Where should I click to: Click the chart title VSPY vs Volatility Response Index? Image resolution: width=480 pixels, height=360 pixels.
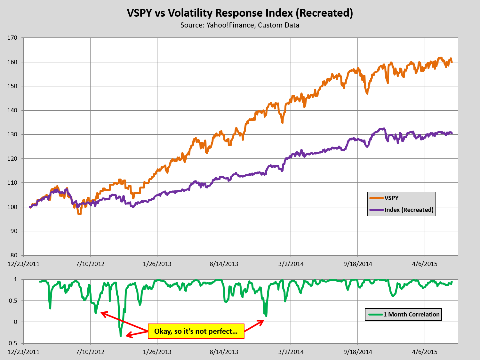coord(240,13)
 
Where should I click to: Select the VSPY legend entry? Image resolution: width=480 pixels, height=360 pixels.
coord(391,198)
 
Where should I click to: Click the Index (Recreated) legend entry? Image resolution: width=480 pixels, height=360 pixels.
coord(409,210)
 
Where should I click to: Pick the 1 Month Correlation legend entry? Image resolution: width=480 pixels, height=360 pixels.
coord(411,315)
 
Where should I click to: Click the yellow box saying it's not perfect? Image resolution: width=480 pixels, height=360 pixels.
coord(196,331)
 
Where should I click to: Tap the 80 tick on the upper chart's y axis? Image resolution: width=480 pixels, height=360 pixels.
coord(14,255)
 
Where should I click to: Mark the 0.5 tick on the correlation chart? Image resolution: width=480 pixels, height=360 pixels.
coord(13,301)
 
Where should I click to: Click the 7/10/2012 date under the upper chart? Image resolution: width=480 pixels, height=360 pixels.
coord(90,264)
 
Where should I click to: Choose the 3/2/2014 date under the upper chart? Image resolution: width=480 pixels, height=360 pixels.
coord(291,264)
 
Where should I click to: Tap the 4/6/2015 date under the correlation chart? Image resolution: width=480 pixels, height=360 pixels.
coord(425,352)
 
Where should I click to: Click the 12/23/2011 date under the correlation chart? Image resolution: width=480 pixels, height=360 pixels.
coord(23,352)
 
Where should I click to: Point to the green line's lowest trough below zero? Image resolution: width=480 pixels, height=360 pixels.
coord(121,335)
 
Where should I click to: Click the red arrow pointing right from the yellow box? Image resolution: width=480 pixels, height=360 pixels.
coord(254,326)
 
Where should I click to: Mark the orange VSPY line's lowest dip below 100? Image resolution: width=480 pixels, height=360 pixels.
coord(79,213)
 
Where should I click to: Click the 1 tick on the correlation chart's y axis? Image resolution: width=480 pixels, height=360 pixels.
coord(15,279)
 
